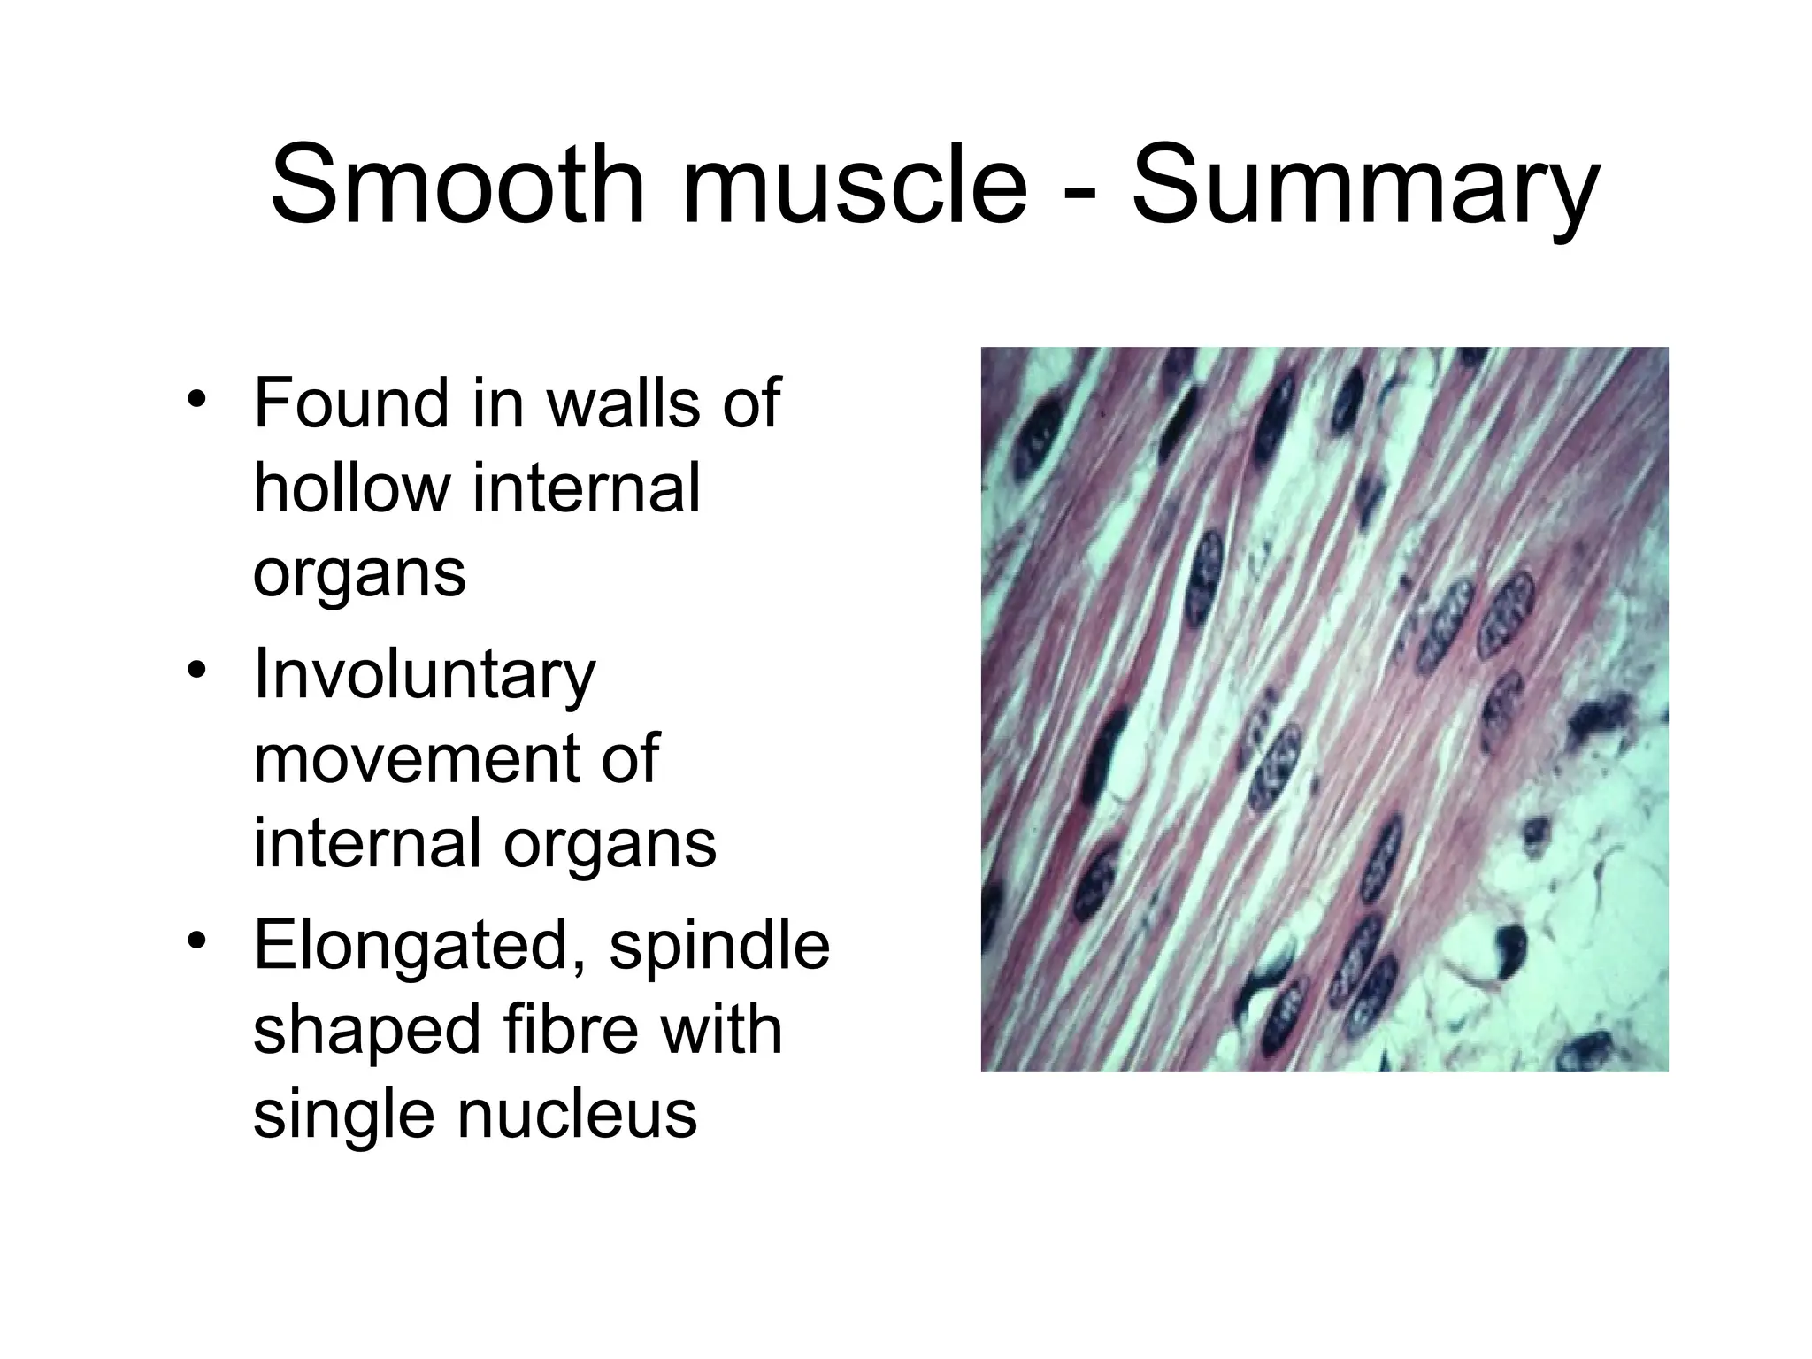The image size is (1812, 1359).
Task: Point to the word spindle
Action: pos(719,947)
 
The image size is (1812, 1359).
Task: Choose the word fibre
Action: pos(566,1031)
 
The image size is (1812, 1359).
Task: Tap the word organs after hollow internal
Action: pos(359,576)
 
